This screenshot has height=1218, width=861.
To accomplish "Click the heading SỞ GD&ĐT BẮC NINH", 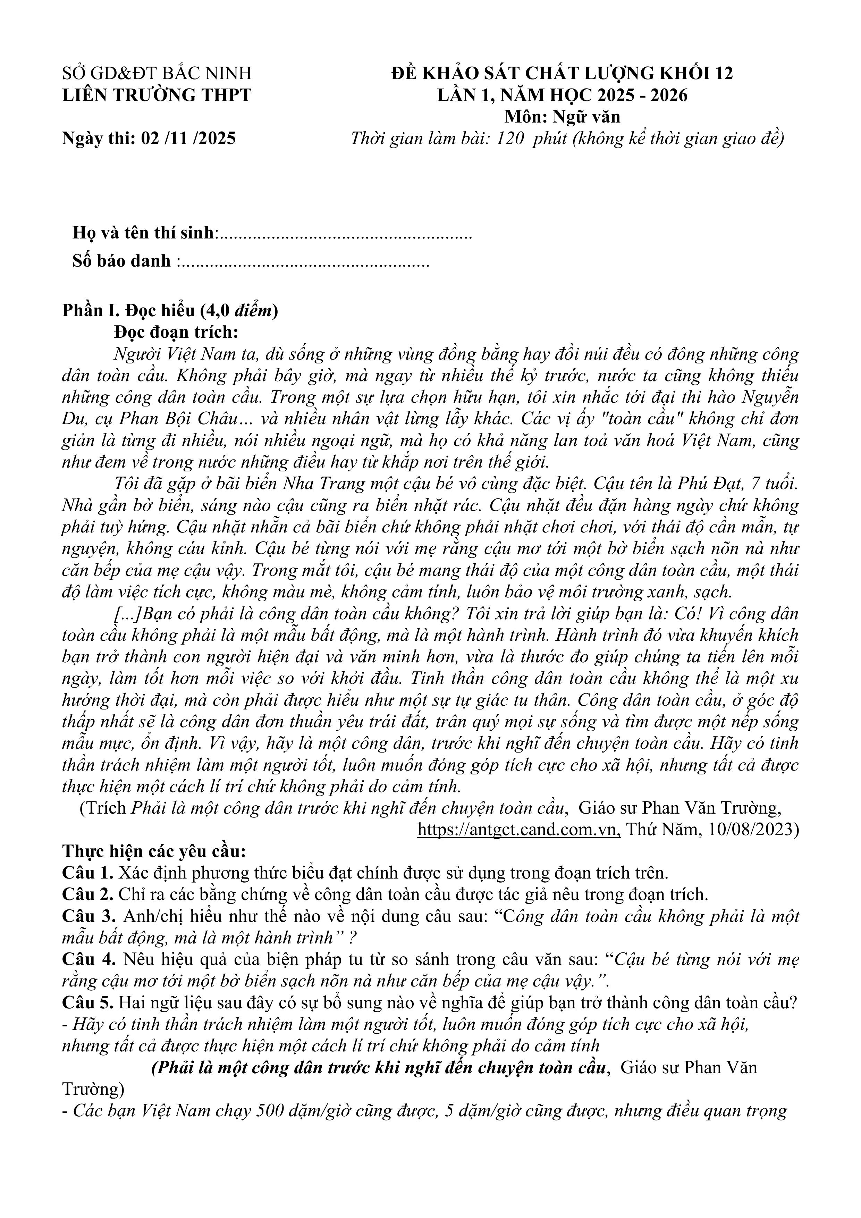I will click(157, 73).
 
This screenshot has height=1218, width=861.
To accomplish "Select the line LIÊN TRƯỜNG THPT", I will click(157, 95).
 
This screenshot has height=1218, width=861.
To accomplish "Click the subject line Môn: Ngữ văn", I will click(562, 116).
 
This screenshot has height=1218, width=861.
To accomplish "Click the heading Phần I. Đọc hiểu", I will click(170, 310).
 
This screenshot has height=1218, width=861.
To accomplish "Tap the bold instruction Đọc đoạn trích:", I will click(177, 332).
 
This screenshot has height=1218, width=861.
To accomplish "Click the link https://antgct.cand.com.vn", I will click(519, 829).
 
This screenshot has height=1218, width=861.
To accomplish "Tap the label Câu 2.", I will click(87, 894).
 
